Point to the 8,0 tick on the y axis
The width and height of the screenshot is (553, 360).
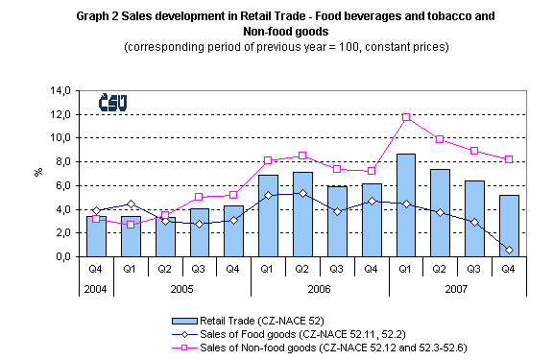click(61, 162)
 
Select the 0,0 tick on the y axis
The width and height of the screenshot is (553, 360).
click(61, 257)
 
